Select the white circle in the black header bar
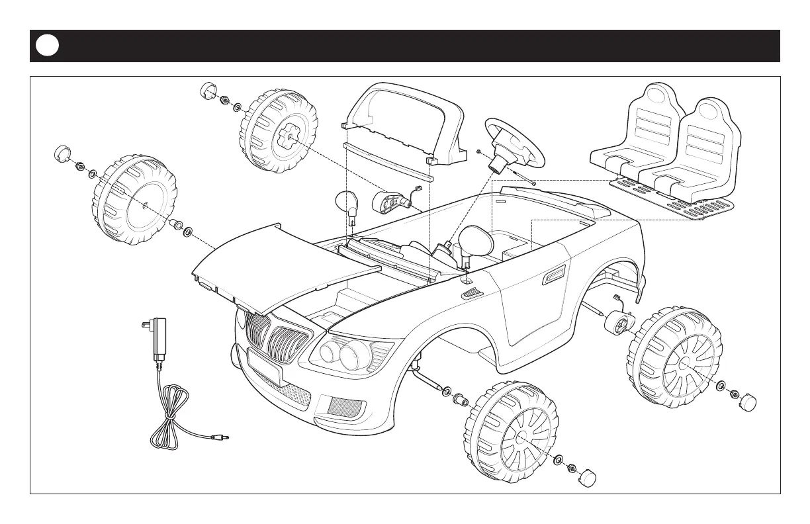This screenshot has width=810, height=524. point(48,46)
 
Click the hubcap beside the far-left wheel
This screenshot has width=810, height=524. point(62,153)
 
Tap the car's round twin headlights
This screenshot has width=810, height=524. point(339,355)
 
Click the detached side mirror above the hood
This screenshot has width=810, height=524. point(347,202)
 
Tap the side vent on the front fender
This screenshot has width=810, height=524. point(471,291)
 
